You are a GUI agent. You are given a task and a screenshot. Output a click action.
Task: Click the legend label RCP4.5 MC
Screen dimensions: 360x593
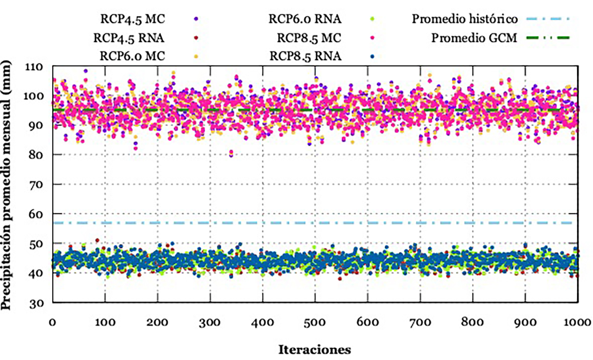pos(132,19)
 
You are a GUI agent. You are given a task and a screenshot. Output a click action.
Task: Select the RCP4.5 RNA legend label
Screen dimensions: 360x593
pos(129,38)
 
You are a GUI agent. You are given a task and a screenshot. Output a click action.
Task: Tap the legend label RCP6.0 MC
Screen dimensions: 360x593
pos(132,56)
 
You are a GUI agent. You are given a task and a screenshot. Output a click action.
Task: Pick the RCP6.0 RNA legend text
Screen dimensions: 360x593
pos(305,19)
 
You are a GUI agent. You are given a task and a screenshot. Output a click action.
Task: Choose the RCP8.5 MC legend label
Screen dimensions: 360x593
pos(309,38)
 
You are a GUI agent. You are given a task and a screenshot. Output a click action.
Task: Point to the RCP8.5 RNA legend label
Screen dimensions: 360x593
pos(305,56)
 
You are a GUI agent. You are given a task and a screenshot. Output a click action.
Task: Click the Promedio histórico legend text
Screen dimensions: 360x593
pos(465,19)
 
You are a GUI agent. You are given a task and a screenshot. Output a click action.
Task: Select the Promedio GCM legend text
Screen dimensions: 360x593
pos(474,38)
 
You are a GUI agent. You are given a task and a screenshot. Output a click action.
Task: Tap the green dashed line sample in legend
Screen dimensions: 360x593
pos(548,38)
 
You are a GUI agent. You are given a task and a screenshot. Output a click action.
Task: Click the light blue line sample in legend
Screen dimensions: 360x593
pos(548,19)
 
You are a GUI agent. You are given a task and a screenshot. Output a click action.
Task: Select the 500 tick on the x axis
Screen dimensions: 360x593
pos(315,322)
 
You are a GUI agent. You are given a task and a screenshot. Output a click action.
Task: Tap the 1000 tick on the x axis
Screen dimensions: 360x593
pos(578,322)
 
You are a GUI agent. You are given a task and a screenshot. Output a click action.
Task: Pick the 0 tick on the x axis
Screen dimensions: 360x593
pos(52,322)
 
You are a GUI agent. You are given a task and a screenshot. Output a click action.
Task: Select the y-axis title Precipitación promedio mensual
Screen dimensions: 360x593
pos(6,185)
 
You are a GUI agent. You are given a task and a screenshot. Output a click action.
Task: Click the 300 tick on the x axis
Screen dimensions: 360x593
pos(210,322)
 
